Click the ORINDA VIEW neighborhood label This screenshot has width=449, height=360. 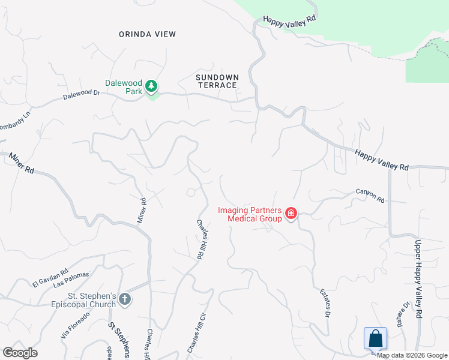pyautogui.click(x=147, y=34)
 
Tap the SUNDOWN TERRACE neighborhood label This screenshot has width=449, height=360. pyautogui.click(x=217, y=82)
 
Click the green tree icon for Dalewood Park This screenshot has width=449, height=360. pyautogui.click(x=152, y=87)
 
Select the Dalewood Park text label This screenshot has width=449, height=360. pyautogui.click(x=123, y=88)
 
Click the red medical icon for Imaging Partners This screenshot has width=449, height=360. pyautogui.click(x=291, y=214)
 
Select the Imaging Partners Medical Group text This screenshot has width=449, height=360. pyautogui.click(x=249, y=214)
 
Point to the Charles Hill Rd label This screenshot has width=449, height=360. pyautogui.click(x=202, y=238)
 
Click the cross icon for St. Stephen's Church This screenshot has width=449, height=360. pyautogui.click(x=125, y=299)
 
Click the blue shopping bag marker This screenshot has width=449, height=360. pyautogui.click(x=376, y=338)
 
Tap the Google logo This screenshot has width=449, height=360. pyautogui.click(x=20, y=353)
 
